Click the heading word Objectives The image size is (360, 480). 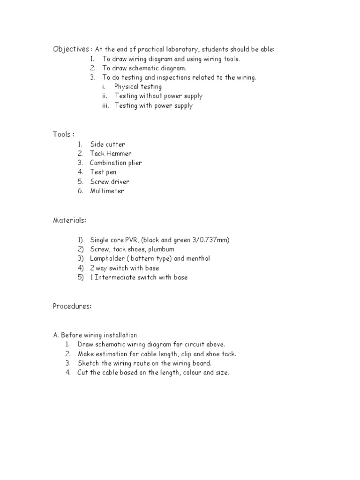[x=70, y=49]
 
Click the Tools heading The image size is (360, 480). [x=62, y=135]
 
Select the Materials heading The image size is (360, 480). [x=69, y=220]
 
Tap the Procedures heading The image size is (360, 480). [x=72, y=306]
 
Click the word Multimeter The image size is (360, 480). [x=107, y=191]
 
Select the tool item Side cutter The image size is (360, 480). [x=107, y=144]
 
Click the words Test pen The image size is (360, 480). [x=103, y=172]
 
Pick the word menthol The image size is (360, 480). [x=197, y=259]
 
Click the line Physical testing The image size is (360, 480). [x=138, y=87]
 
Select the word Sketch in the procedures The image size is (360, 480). [x=88, y=363]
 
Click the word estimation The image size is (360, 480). [x=112, y=354]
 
